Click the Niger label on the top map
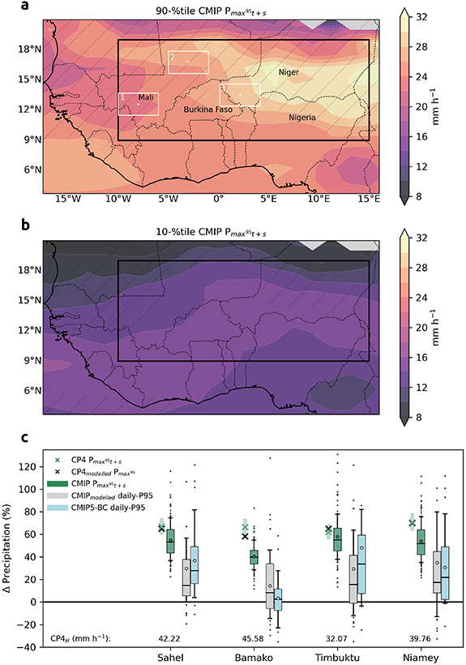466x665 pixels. [289, 72]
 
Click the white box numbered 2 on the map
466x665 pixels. [188, 62]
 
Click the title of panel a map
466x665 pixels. [203, 11]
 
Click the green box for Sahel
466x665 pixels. [171, 541]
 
